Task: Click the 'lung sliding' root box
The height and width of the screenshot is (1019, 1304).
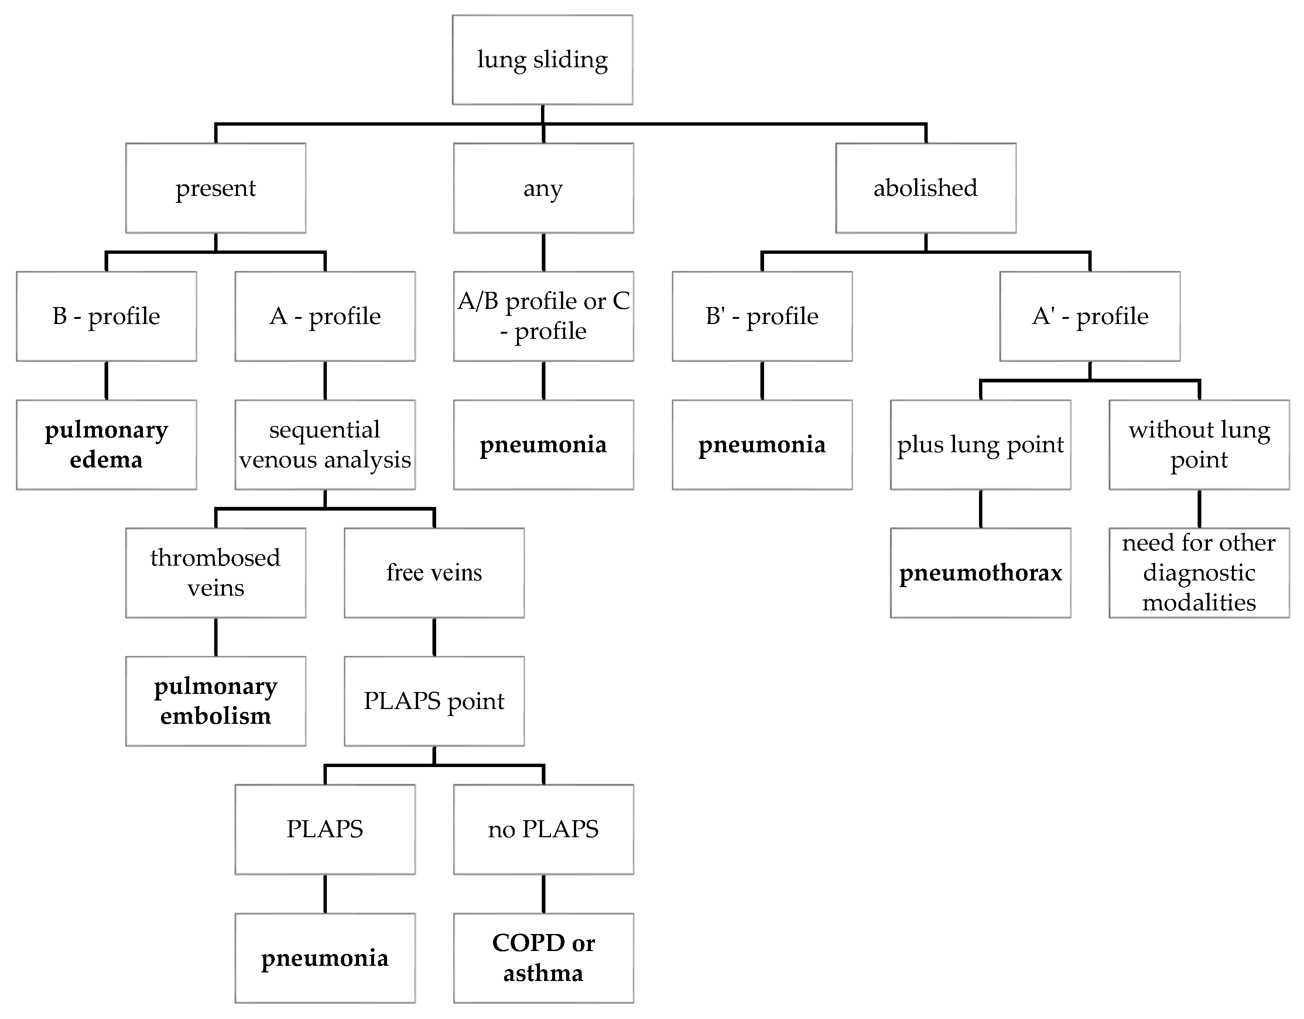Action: (x=542, y=60)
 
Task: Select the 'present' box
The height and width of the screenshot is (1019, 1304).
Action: (x=216, y=188)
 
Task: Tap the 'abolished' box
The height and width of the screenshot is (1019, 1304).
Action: (x=925, y=188)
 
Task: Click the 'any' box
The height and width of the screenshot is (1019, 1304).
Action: (x=543, y=188)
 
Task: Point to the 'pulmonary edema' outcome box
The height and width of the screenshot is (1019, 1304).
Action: (x=106, y=444)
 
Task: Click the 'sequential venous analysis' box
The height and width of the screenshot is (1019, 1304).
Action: (x=325, y=444)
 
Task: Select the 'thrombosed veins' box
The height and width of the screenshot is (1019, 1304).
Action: (x=216, y=572)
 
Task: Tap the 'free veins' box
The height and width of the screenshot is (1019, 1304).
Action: (x=434, y=572)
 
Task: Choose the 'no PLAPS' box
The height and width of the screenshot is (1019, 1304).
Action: (x=543, y=829)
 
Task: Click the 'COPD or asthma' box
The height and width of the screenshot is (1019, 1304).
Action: (x=543, y=957)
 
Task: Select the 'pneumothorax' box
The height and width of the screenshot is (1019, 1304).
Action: (x=980, y=572)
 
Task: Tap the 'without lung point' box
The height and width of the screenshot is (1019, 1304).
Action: (x=1199, y=444)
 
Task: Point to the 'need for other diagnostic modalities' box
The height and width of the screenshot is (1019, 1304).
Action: (x=1199, y=572)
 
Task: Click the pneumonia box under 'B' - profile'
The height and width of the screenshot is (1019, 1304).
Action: (x=762, y=444)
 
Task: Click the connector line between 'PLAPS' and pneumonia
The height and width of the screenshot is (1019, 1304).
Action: (x=325, y=894)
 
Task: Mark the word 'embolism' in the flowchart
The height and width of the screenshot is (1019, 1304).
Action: (x=216, y=716)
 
